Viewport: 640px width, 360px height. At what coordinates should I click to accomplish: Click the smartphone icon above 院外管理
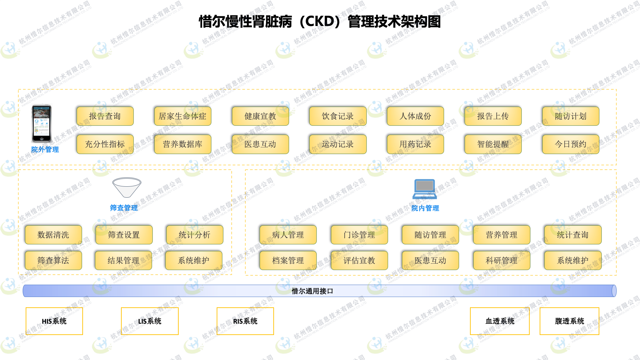42,124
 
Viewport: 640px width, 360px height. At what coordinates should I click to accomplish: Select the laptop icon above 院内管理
425,189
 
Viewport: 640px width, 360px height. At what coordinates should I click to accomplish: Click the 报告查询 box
105,116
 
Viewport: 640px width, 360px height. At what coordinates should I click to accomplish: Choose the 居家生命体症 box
183,116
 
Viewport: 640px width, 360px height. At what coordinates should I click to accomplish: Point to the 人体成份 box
415,116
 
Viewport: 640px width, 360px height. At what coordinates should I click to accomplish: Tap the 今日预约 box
570,144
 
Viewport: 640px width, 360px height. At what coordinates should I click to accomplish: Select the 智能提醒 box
493,144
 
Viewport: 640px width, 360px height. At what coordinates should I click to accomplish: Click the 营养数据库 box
183,144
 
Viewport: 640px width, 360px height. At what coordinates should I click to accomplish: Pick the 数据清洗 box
53,235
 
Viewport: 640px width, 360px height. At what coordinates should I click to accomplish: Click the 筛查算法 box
53,261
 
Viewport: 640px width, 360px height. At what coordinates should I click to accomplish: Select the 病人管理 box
288,235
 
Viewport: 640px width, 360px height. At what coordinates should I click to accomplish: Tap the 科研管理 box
502,261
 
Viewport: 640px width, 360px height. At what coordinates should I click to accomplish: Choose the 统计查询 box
573,235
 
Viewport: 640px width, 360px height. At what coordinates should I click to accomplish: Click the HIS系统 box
54,321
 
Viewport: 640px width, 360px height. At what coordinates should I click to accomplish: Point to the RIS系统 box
245,321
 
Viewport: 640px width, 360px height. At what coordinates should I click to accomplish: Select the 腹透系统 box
569,321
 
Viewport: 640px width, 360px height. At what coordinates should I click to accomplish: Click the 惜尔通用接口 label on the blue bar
312,291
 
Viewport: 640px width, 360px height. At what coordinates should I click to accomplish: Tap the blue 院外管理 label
45,150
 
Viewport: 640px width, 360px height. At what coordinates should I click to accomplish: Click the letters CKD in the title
320,22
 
